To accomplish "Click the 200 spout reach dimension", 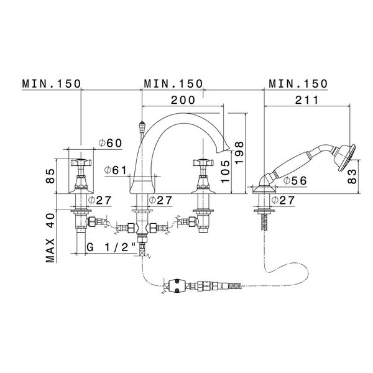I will (184, 99).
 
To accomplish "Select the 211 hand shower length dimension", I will (307, 99).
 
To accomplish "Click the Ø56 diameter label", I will (293, 180).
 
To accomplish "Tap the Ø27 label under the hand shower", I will (292, 200).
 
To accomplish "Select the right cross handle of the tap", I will (202, 163).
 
